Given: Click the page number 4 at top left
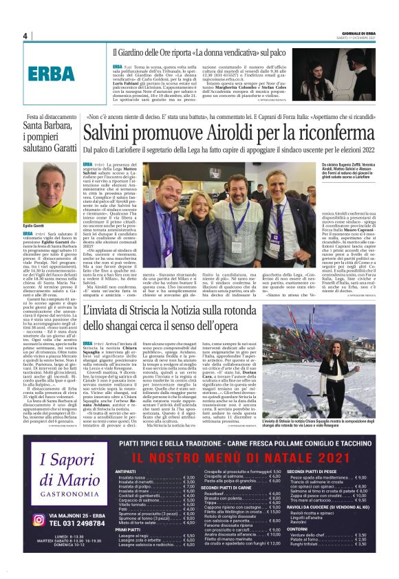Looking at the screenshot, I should point(25,36).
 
